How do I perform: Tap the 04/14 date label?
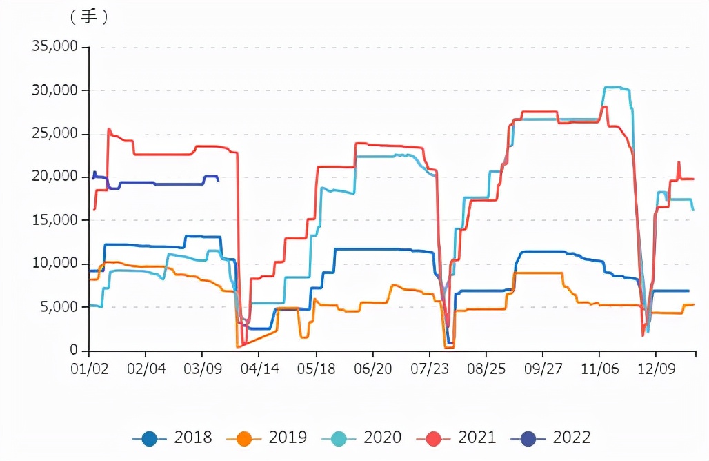pos(259,369)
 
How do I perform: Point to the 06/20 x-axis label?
pos(372,369)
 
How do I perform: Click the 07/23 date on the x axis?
pos(429,369)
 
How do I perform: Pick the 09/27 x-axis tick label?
pos(543,369)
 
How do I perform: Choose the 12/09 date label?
pos(656,369)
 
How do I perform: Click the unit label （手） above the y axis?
pos(88,17)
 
